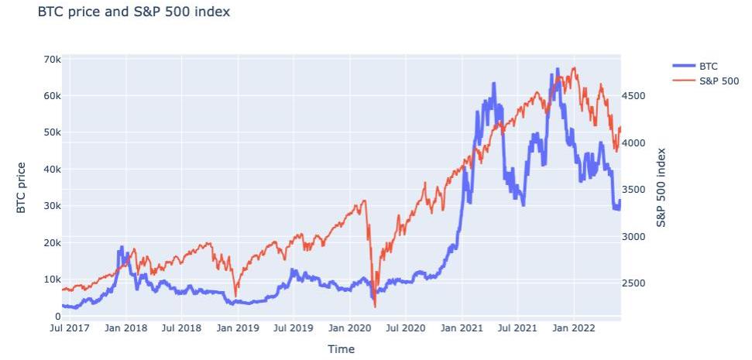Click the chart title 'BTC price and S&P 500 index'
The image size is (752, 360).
[x=133, y=12]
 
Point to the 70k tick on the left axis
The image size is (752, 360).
[x=53, y=60]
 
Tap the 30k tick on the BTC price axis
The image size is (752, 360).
[x=53, y=206]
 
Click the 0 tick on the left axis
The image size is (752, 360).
[x=57, y=316]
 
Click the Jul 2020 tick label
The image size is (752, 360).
[x=406, y=328]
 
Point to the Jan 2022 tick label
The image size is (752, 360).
[x=574, y=328]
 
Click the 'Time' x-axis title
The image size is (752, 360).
[x=341, y=349]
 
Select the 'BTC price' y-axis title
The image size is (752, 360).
[x=22, y=187]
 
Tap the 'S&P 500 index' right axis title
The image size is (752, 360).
[x=661, y=187]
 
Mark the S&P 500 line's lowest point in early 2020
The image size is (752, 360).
[x=375, y=307]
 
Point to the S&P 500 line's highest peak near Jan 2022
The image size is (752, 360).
[x=574, y=67]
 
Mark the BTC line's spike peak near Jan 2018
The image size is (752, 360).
[x=120, y=247]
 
